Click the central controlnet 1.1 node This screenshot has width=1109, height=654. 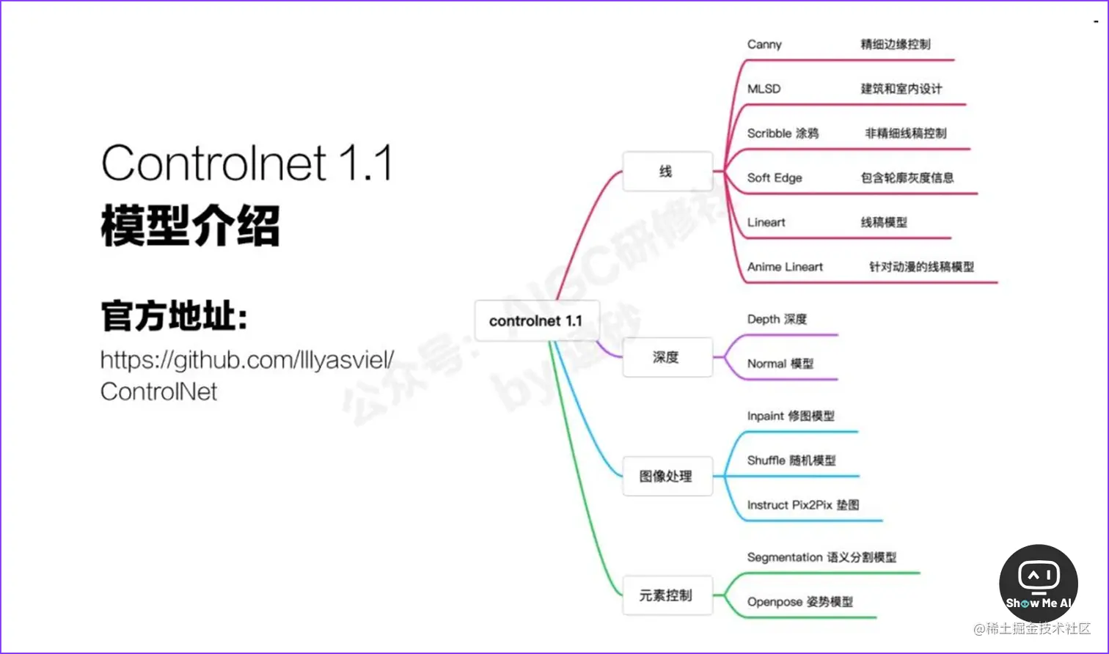coord(536,321)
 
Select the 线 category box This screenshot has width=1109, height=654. coord(667,172)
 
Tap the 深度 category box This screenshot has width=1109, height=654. coord(667,358)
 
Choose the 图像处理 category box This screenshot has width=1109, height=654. coord(667,477)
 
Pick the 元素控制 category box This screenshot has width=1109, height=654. coord(667,595)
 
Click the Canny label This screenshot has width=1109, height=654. coord(764,45)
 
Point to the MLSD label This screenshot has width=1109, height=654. coord(764,89)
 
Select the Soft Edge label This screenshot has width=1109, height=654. coord(775,178)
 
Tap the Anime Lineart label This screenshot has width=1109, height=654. coord(785,267)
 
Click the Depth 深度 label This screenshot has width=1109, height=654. coord(777,319)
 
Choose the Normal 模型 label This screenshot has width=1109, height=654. coord(780,364)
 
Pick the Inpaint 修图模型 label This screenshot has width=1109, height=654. coord(791,416)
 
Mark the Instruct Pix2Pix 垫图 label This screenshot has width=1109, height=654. coord(803,505)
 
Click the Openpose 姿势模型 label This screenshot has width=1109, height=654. coord(799,602)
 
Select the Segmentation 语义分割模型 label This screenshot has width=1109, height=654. coord(821,557)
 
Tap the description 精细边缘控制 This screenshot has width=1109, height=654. coord(896,45)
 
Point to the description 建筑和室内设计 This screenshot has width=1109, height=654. coord(901,89)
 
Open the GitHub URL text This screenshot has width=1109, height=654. coord(247,375)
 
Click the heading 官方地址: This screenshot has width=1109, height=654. coord(175,317)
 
